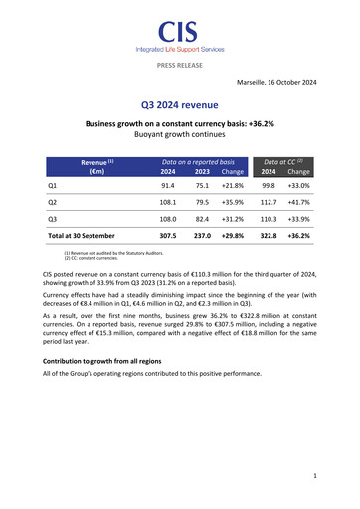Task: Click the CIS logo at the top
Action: pyautogui.click(x=179, y=33)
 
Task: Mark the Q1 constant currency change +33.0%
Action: pyautogui.click(x=299, y=185)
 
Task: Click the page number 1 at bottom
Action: pyautogui.click(x=314, y=476)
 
